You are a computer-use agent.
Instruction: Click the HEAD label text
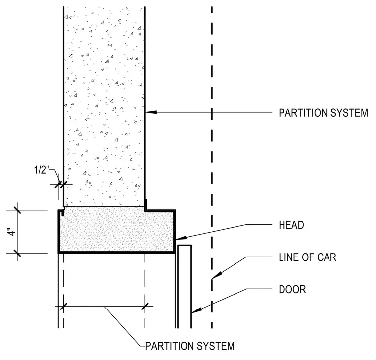[291, 225]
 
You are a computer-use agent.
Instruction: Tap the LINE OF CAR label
[307, 257]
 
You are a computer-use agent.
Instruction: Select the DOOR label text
[292, 290]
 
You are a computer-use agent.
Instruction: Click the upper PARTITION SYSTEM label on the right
[323, 113]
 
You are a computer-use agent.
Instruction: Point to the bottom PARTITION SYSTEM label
[190, 346]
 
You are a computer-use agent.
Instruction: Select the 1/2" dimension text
[41, 170]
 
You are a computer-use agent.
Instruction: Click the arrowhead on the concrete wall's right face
[151, 112]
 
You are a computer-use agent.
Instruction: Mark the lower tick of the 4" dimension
[17, 253]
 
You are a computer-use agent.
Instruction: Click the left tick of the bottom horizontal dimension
[63, 307]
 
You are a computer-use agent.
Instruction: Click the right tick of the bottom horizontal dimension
[145, 307]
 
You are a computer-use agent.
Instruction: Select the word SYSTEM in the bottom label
[215, 346]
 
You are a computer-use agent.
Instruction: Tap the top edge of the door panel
[185, 245]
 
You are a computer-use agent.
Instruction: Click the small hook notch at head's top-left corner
[63, 212]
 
